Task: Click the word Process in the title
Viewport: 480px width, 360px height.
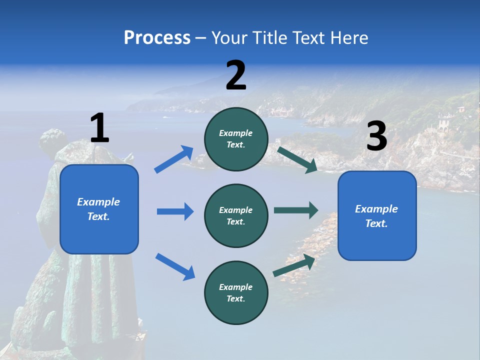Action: [157, 38]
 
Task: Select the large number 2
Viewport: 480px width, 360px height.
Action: [236, 75]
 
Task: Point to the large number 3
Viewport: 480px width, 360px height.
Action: [376, 137]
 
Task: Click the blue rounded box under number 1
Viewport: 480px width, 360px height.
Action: [99, 209]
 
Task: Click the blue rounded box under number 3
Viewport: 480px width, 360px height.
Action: [377, 215]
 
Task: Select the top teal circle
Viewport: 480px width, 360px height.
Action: [236, 139]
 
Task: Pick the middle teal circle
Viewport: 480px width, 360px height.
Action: [236, 215]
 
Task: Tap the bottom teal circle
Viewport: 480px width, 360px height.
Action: [236, 292]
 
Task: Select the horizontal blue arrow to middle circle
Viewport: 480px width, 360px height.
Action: [175, 211]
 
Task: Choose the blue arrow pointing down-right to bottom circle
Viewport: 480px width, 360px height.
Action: [175, 266]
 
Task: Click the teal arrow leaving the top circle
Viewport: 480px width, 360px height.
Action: [297, 159]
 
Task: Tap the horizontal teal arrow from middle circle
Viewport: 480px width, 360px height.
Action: [295, 210]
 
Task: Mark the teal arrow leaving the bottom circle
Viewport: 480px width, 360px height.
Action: [294, 265]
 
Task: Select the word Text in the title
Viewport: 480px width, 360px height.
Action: [311, 38]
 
